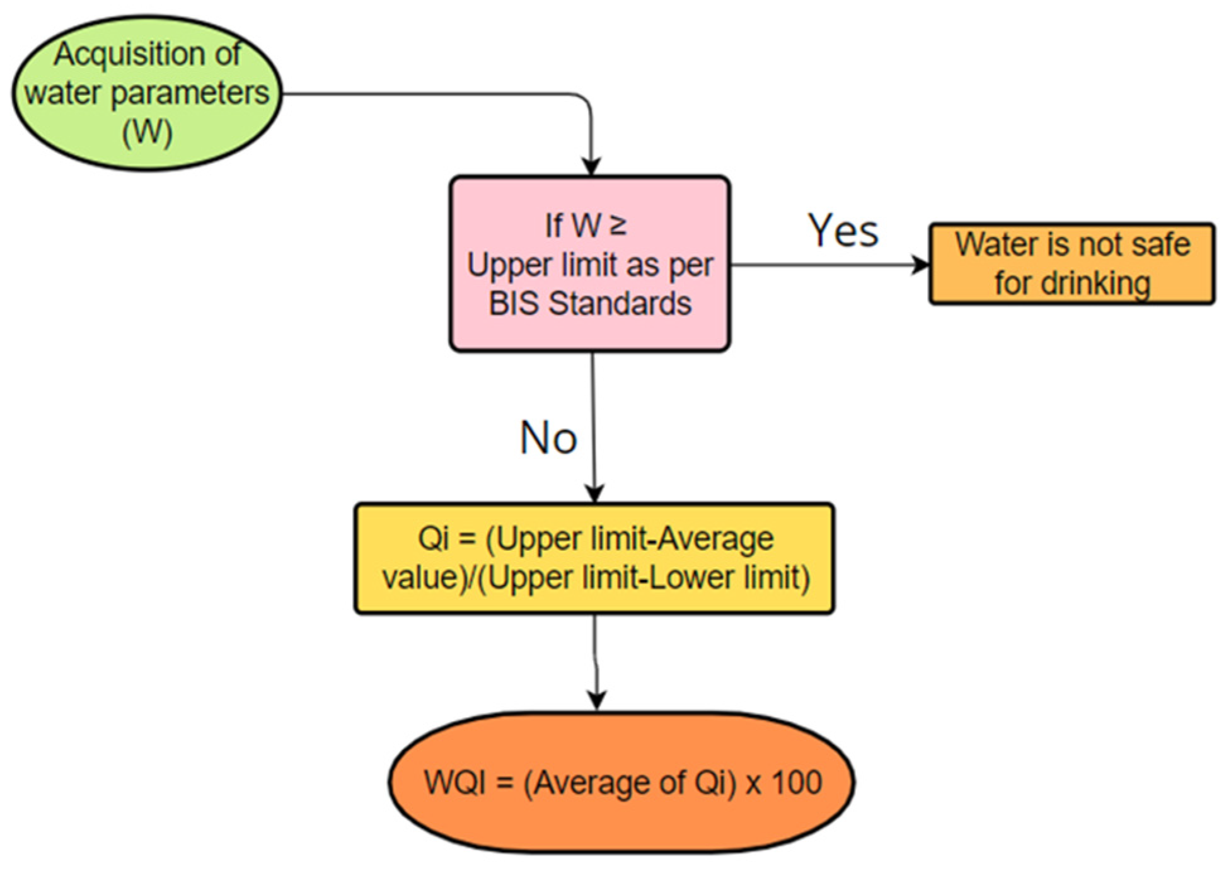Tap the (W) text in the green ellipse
click(x=147, y=132)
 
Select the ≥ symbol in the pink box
click(x=618, y=225)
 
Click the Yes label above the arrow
click(x=843, y=231)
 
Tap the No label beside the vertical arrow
click(x=548, y=437)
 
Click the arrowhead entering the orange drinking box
click(x=921, y=265)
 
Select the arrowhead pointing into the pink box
click(x=591, y=166)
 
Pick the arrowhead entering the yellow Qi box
click(x=594, y=493)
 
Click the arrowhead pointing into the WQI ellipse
click(x=596, y=699)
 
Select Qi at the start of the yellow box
click(x=433, y=539)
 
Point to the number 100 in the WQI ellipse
click(x=797, y=782)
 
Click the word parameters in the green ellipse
click(x=190, y=93)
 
